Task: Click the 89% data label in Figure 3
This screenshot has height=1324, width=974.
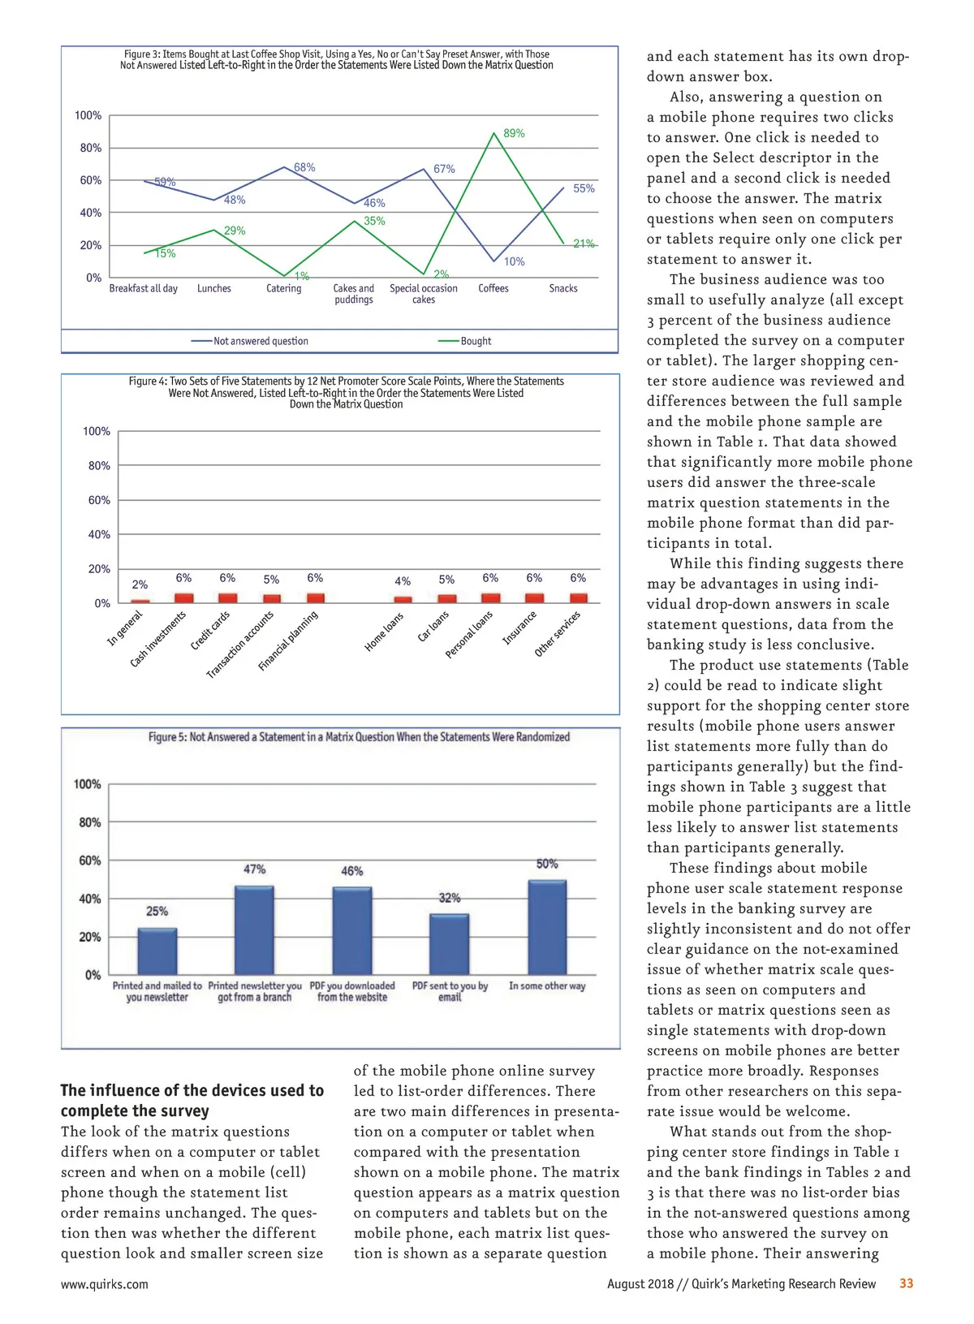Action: click(x=514, y=133)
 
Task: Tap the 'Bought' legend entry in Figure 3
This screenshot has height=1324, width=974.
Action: click(x=476, y=341)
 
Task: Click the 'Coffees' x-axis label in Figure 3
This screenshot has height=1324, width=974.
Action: click(x=493, y=288)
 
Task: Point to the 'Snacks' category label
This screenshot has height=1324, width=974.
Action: click(x=563, y=288)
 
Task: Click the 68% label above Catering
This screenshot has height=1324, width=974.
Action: click(x=304, y=167)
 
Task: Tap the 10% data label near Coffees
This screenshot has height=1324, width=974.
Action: click(x=514, y=261)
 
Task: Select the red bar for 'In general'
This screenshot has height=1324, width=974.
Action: click(x=140, y=601)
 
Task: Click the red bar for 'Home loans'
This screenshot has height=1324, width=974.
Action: click(x=403, y=600)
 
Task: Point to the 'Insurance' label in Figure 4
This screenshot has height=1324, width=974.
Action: click(x=519, y=627)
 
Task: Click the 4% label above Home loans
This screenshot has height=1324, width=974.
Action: click(x=403, y=581)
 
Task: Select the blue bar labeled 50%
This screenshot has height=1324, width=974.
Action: click(x=547, y=927)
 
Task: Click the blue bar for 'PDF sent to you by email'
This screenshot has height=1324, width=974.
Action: click(x=450, y=944)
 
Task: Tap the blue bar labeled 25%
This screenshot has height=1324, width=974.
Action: click(x=157, y=951)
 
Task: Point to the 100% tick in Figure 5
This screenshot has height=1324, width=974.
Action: click(x=88, y=784)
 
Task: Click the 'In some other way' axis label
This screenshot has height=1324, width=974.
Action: click(x=547, y=985)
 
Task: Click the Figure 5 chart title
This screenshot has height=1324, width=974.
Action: click(x=359, y=737)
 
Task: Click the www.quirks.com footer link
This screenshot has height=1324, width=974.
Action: click(x=105, y=1283)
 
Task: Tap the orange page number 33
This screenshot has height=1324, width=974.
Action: click(x=906, y=1283)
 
